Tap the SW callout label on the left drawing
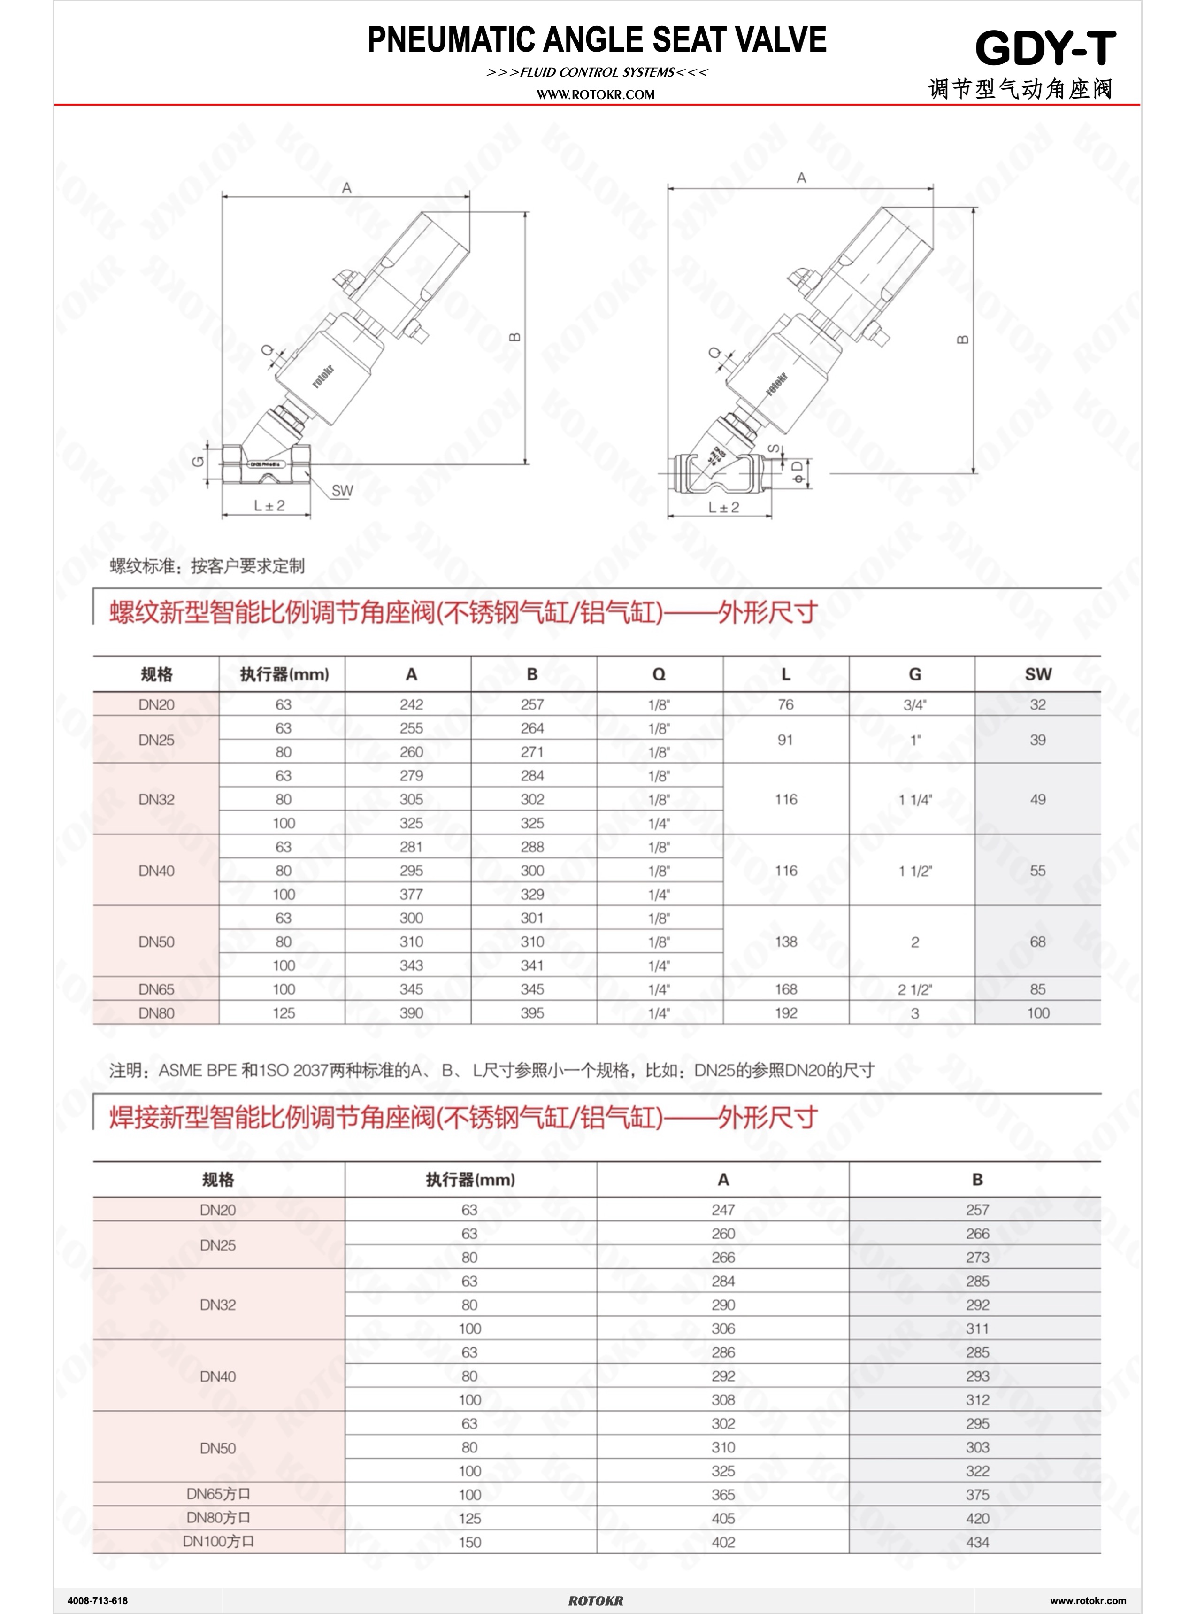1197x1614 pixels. tap(342, 491)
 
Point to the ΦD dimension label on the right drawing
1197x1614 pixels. tap(797, 472)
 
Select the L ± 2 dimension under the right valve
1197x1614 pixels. tap(723, 507)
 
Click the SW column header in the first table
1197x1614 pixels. tap(1037, 674)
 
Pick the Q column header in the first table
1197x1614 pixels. tap(659, 674)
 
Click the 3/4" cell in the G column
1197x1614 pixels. tap(914, 704)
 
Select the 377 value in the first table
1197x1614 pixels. tap(411, 894)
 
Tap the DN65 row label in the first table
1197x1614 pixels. tap(156, 989)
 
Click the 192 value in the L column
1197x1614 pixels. tap(785, 1013)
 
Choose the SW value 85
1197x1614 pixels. tap(1037, 989)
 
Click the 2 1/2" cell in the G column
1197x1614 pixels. tap(914, 989)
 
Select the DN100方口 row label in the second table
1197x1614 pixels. tap(218, 1542)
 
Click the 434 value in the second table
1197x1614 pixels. tap(977, 1542)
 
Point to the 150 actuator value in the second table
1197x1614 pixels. tap(469, 1542)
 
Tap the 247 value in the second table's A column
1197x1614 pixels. tap(722, 1210)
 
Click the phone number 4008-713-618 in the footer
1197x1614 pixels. tap(98, 1600)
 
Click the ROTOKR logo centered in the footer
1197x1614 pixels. tap(596, 1600)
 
